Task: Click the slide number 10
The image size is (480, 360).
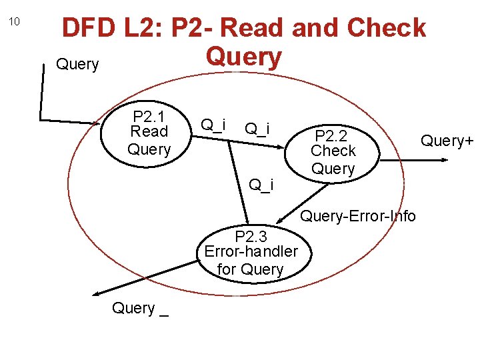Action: pos(15,21)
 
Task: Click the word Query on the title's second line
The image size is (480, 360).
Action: pos(244,57)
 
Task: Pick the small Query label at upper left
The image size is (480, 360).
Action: pos(77,65)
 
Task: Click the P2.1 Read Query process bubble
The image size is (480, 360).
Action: pos(149,131)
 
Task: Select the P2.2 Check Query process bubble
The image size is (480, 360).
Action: pos(333,151)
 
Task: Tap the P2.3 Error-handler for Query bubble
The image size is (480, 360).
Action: pos(251,253)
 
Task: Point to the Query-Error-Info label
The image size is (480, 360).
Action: pos(357,216)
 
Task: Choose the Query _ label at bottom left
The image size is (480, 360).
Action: pos(139,309)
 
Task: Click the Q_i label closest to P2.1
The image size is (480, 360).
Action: pos(213,125)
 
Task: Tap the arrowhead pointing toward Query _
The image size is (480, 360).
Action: pos(97,293)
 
